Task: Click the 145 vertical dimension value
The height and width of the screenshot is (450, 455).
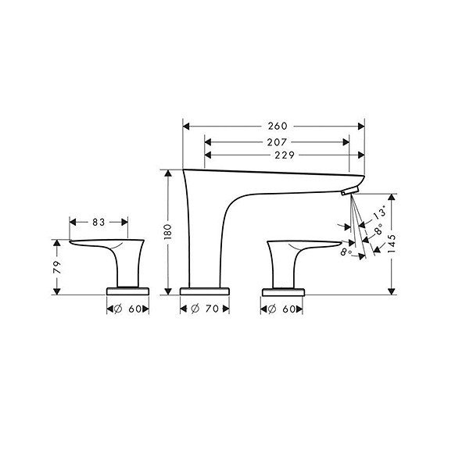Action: (394, 245)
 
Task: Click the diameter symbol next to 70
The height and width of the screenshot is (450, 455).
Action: (194, 310)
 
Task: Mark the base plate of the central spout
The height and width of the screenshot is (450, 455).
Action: (206, 291)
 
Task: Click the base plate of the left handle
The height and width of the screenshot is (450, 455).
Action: (128, 291)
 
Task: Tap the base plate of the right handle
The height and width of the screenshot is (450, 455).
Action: (284, 291)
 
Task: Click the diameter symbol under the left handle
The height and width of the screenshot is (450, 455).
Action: (116, 310)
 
